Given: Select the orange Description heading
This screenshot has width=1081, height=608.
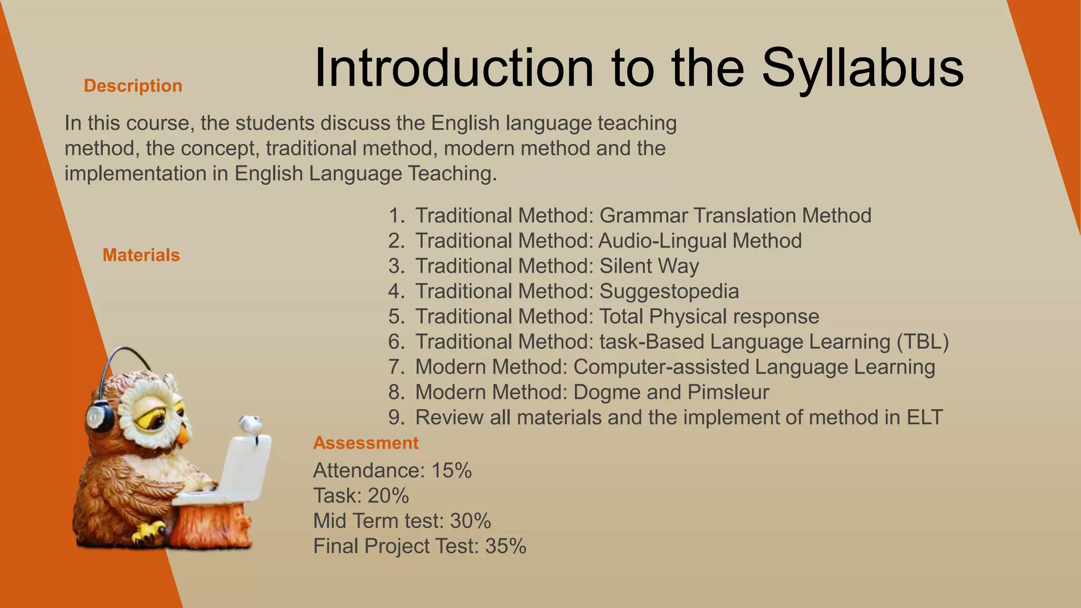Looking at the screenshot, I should coord(133,85).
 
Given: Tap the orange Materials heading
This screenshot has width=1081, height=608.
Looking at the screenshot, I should coord(141,255).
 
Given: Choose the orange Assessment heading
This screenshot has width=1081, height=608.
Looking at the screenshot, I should coord(365,442).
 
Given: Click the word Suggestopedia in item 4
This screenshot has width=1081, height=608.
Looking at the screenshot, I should coord(669,291).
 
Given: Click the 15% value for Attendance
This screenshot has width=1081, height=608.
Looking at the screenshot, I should coord(451,470).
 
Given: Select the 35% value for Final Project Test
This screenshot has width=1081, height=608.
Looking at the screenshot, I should coord(506,546).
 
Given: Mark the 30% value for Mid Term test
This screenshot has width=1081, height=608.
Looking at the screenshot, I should coord(470,521).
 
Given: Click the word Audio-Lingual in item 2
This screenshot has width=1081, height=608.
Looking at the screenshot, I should coord(662,241).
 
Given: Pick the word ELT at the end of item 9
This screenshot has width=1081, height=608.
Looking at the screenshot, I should coord(924,417).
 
